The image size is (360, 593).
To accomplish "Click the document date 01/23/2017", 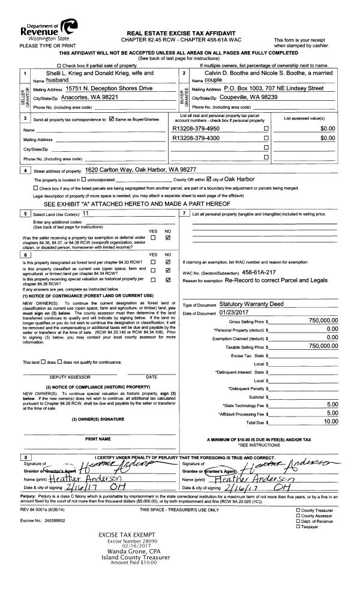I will pos(236,313).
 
